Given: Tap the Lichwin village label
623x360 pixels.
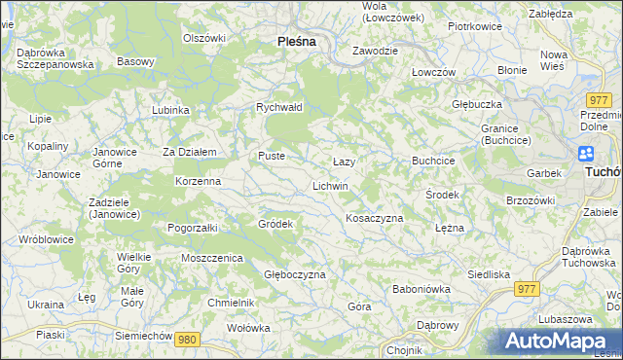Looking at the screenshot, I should coord(330,185).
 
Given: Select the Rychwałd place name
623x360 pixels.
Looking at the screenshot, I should coord(279,107).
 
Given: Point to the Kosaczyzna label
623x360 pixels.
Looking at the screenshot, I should coord(375,218).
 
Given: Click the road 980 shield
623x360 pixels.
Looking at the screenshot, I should coord(188,339).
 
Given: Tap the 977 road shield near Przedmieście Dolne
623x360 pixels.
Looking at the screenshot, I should coord(599,100).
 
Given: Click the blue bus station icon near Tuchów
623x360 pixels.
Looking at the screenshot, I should coord(586,154).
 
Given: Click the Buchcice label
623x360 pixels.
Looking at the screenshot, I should coord(433,160).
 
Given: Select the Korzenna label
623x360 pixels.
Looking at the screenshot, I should coord(198,181).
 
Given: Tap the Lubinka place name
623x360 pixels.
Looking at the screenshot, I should coord(170,110).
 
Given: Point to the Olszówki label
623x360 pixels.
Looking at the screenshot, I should coord(204,38).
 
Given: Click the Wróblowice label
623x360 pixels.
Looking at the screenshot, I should coord(40,237).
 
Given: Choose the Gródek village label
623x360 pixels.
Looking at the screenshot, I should coord(275,224).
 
